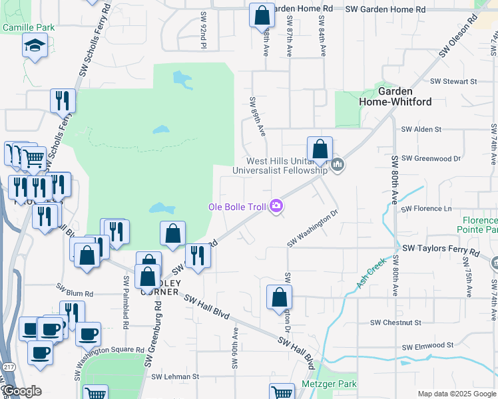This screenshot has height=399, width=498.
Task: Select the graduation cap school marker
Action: pos(33,46)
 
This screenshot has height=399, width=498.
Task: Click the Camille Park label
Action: pos(29,27)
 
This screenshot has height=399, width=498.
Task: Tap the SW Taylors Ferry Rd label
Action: pos(440,253)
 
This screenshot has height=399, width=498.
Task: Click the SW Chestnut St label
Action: pos(395,323)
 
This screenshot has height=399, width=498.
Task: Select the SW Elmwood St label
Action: pos(427,346)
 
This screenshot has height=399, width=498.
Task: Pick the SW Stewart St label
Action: pos(453,81)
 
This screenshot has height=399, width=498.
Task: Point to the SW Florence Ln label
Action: pos(426,209)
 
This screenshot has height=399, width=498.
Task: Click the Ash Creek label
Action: pos(371,273)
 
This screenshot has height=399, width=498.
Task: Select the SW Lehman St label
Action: pos(175,376)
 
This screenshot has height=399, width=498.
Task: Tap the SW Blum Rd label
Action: pos(75,291)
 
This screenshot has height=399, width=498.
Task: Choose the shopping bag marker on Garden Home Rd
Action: pos(262,15)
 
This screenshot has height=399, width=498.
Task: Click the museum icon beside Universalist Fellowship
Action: pos(338,165)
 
